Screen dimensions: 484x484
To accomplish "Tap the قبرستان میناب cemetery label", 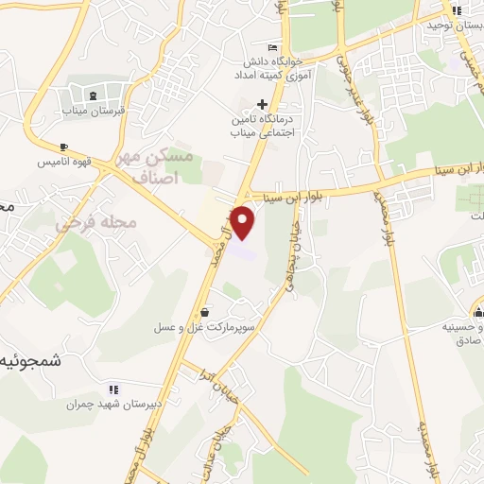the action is [94, 110].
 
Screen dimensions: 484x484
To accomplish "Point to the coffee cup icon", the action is [63, 147].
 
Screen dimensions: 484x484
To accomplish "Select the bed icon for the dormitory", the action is [273, 47].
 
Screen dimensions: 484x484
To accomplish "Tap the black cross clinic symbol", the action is [264, 104].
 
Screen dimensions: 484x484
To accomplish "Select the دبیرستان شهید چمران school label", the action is [114, 405].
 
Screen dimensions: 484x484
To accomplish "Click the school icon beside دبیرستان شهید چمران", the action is [113, 389].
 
